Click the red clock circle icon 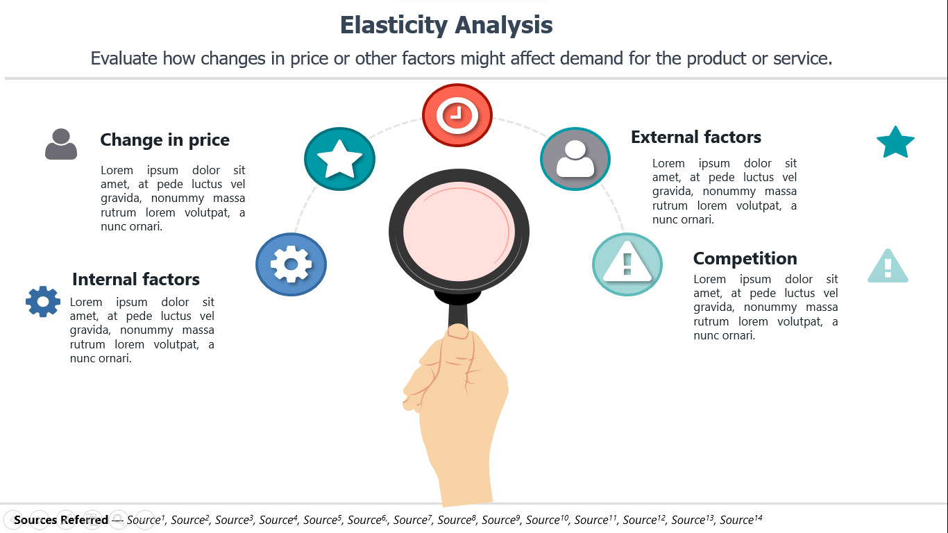pos(457,115)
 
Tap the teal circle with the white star pos(339,159)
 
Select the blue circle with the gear pos(291,264)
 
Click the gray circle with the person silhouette pos(575,159)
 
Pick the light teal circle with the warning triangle pos(627,264)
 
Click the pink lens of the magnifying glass pos(459,232)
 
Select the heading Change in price pos(164,139)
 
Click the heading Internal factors pos(136,279)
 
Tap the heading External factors pos(696,137)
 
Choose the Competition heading pos(745,258)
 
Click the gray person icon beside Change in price pos(61,144)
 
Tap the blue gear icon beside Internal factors pos(43,301)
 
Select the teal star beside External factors pos(895,142)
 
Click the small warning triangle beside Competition pos(888,266)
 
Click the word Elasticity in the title pos(393,25)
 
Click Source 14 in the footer pos(741,519)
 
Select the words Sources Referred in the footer pos(61,519)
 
